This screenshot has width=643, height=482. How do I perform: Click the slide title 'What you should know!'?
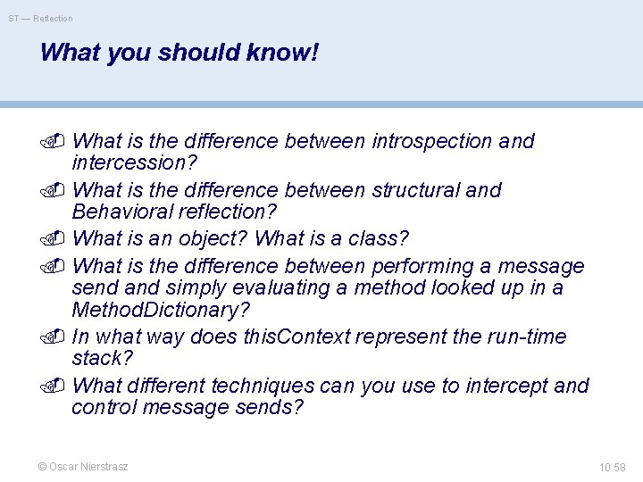point(179,53)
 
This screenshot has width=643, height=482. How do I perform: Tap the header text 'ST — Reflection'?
point(41,18)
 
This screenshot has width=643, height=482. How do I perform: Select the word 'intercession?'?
point(134,163)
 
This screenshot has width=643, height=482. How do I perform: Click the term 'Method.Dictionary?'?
point(161,310)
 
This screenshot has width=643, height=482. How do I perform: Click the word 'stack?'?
point(101,359)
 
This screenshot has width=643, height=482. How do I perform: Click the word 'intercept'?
point(503,386)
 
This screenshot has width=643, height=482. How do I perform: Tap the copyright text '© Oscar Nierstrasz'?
point(82,467)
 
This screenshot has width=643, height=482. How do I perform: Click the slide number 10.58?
point(613,467)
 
